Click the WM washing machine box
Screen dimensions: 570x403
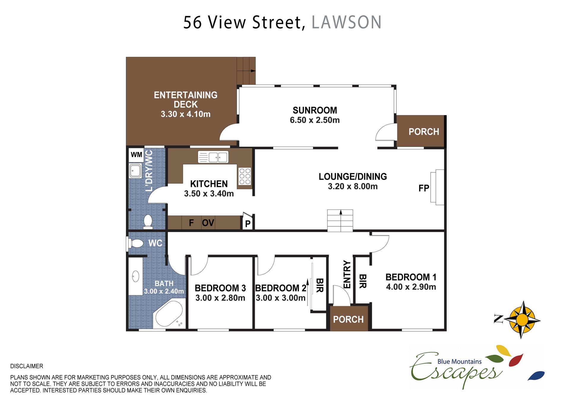[x=136, y=155]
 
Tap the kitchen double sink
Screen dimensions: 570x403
[x=213, y=157]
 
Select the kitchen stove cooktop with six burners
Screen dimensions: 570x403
[x=245, y=176]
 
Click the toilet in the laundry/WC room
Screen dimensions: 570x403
[x=148, y=222]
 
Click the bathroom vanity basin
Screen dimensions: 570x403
[x=136, y=276]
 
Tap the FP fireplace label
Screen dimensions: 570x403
[x=424, y=188]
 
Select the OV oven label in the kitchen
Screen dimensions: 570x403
[x=208, y=223]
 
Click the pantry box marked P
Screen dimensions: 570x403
[x=248, y=223]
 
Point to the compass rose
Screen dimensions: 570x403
[x=522, y=320]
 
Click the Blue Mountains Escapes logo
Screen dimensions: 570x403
[x=477, y=367]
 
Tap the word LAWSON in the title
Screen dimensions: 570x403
[x=346, y=23]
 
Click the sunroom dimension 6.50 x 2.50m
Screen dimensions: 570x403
[x=315, y=120]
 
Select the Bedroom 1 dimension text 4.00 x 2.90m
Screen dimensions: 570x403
[x=411, y=287]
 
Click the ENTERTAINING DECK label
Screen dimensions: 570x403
[x=186, y=100]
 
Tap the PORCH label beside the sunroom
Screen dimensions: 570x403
[x=424, y=132]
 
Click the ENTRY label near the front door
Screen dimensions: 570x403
[x=347, y=275]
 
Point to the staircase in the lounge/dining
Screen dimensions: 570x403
[x=340, y=220]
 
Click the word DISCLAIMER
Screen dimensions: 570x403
[x=27, y=366]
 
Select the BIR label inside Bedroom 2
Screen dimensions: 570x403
[x=319, y=285]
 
